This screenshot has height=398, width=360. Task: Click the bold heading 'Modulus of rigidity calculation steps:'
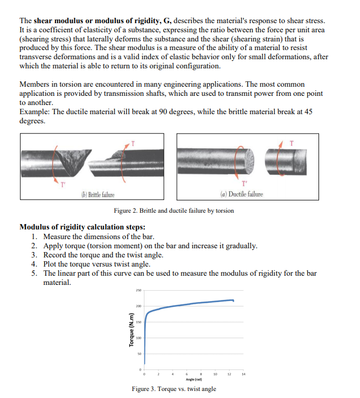82,227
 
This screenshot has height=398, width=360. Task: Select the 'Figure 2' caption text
174,211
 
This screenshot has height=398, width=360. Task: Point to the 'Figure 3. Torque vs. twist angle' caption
174,389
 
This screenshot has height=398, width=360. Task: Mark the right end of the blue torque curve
233,301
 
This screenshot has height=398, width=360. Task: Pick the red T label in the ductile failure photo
292,143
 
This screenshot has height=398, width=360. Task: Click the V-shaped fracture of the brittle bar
70,162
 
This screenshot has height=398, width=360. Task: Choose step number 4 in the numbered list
34,264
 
